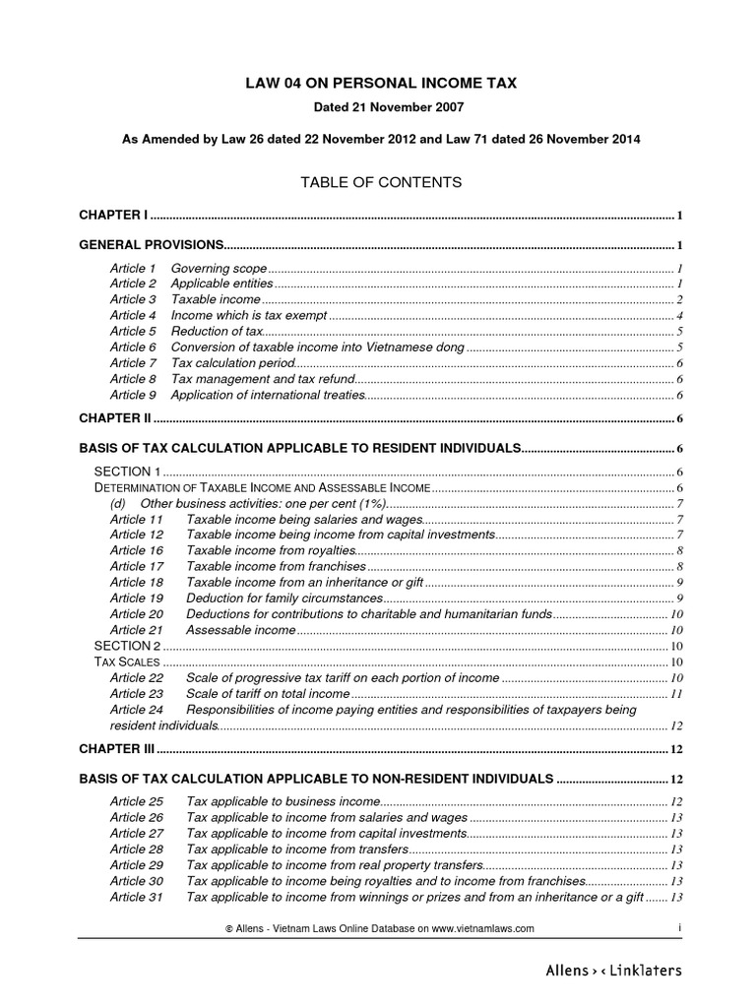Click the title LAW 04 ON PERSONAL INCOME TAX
[380, 84]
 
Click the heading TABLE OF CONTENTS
[380, 182]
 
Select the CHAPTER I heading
[113, 215]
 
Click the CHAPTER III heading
[117, 749]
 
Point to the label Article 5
[133, 332]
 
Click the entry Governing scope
[219, 269]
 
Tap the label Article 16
[137, 550]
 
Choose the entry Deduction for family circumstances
[283, 598]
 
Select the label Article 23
[137, 693]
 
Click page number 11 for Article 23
[676, 694]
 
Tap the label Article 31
[137, 897]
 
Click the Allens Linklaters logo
[613, 970]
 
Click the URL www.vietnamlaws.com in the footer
[482, 928]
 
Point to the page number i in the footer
[679, 927]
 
